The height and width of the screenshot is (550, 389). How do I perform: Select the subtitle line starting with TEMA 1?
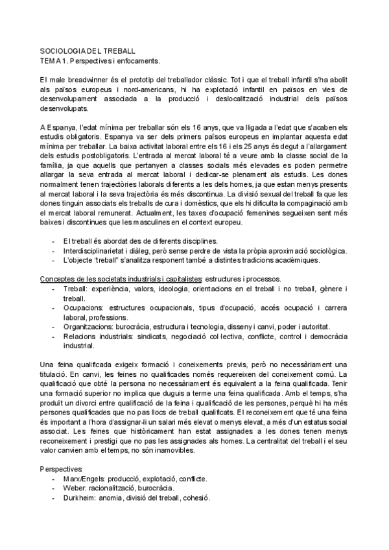pos(99,60)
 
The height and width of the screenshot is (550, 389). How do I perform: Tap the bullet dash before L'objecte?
pos(53,242)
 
